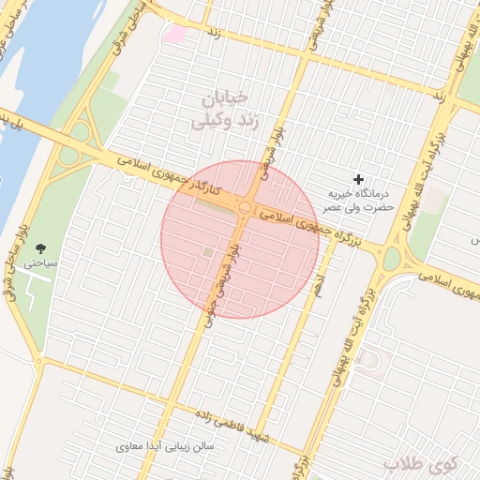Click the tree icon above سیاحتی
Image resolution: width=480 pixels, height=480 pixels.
pos(40,248)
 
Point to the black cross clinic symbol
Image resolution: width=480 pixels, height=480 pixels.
pos(357,178)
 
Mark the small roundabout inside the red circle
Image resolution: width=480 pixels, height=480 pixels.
pos(245,207)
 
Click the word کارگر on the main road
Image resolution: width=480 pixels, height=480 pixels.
pos(206,188)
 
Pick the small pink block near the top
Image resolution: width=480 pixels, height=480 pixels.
pos(175,33)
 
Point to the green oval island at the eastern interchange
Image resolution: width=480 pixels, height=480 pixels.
pos(392,258)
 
